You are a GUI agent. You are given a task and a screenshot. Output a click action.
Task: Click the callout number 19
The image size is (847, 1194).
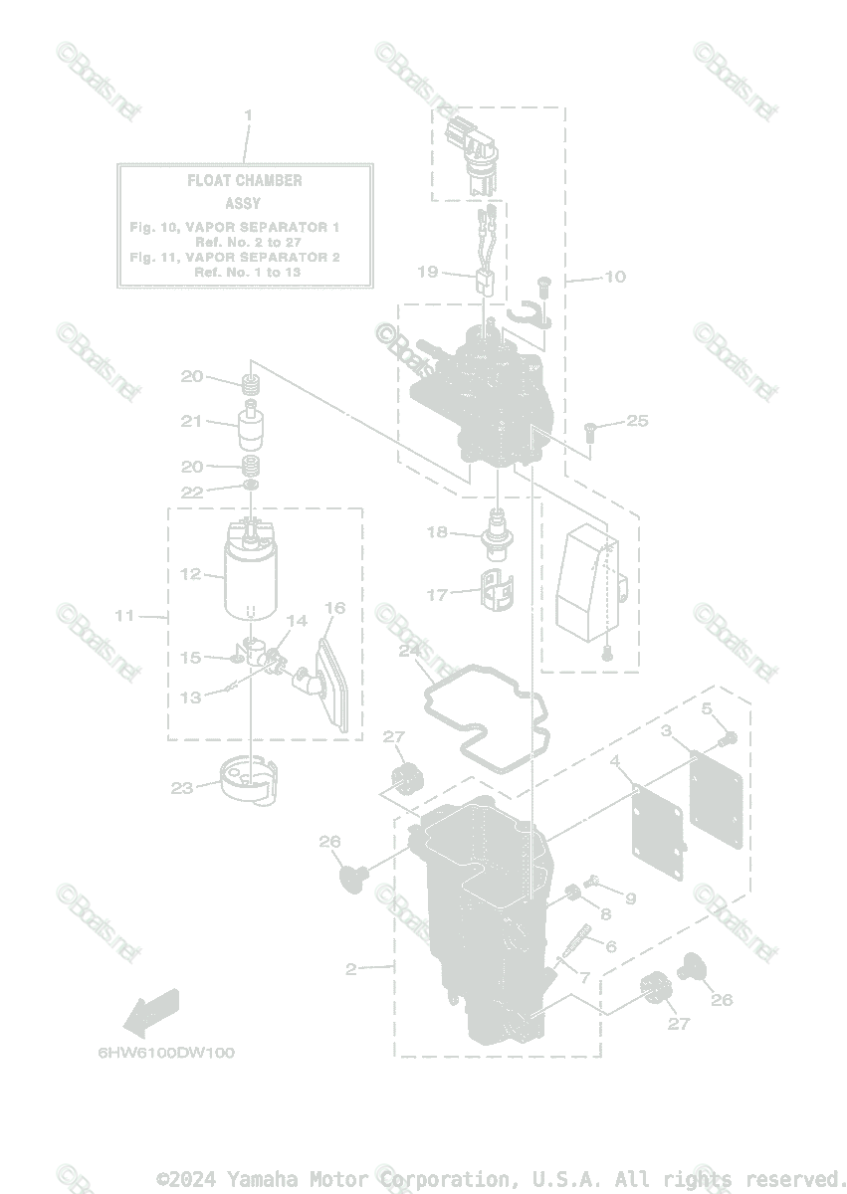pyautogui.click(x=427, y=271)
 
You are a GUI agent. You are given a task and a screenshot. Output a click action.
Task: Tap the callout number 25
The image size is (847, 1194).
pyautogui.click(x=637, y=421)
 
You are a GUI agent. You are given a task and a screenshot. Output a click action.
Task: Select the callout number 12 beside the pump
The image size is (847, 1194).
pyautogui.click(x=191, y=574)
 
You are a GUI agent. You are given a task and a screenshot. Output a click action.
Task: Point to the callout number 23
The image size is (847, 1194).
pyautogui.click(x=181, y=788)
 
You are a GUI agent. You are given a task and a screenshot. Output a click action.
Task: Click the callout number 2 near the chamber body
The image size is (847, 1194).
pyautogui.click(x=351, y=969)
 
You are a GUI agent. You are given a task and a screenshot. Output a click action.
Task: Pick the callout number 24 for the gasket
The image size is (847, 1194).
pyautogui.click(x=408, y=651)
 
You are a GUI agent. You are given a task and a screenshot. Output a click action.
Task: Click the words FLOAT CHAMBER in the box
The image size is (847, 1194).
pyautogui.click(x=245, y=181)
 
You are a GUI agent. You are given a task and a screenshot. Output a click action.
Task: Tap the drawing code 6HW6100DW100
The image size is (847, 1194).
pyautogui.click(x=166, y=1052)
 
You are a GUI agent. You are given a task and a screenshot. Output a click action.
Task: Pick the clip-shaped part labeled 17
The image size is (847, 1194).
pyautogui.click(x=499, y=589)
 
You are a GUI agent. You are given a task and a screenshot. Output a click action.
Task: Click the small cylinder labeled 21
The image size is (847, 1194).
pyautogui.click(x=250, y=428)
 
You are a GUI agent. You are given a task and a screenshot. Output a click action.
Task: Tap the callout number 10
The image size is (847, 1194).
pyautogui.click(x=615, y=277)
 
